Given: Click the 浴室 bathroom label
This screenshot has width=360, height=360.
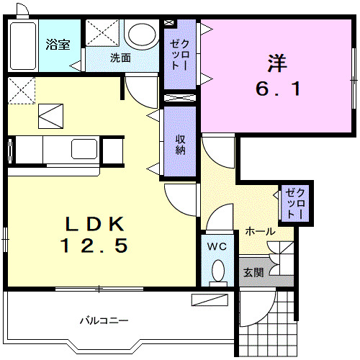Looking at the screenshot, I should coord(58,45).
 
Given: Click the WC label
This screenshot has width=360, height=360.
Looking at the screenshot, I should coord(217,247).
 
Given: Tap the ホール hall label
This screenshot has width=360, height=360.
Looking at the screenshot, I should coord(259,231).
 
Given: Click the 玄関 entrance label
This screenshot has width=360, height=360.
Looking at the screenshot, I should coord(253,273).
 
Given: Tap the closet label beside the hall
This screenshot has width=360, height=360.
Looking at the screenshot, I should coord(294,204).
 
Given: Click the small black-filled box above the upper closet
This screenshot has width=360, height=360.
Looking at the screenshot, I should coord(171,22).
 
